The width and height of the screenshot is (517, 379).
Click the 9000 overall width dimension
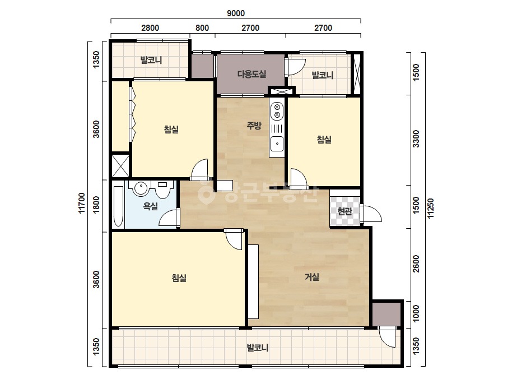236,13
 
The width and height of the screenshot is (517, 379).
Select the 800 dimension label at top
202,28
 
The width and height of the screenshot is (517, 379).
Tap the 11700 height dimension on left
81,204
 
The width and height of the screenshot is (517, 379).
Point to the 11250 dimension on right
431,208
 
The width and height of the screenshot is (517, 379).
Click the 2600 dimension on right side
416,264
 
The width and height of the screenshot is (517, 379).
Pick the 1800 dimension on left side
96,205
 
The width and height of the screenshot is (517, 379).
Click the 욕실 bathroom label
150,207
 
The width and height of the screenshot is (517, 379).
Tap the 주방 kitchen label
254,126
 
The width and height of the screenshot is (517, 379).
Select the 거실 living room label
311,277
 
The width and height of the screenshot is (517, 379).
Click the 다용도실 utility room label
251,74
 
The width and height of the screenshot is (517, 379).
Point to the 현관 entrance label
345,211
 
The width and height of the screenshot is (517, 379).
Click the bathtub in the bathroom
118,206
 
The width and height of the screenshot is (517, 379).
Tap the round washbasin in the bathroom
141,188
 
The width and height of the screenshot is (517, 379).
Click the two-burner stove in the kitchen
277,111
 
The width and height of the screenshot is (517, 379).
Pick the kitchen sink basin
277,144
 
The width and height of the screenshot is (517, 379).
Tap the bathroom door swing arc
168,218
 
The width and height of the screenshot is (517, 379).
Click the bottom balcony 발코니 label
258,348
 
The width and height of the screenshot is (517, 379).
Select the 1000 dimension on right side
416,313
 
